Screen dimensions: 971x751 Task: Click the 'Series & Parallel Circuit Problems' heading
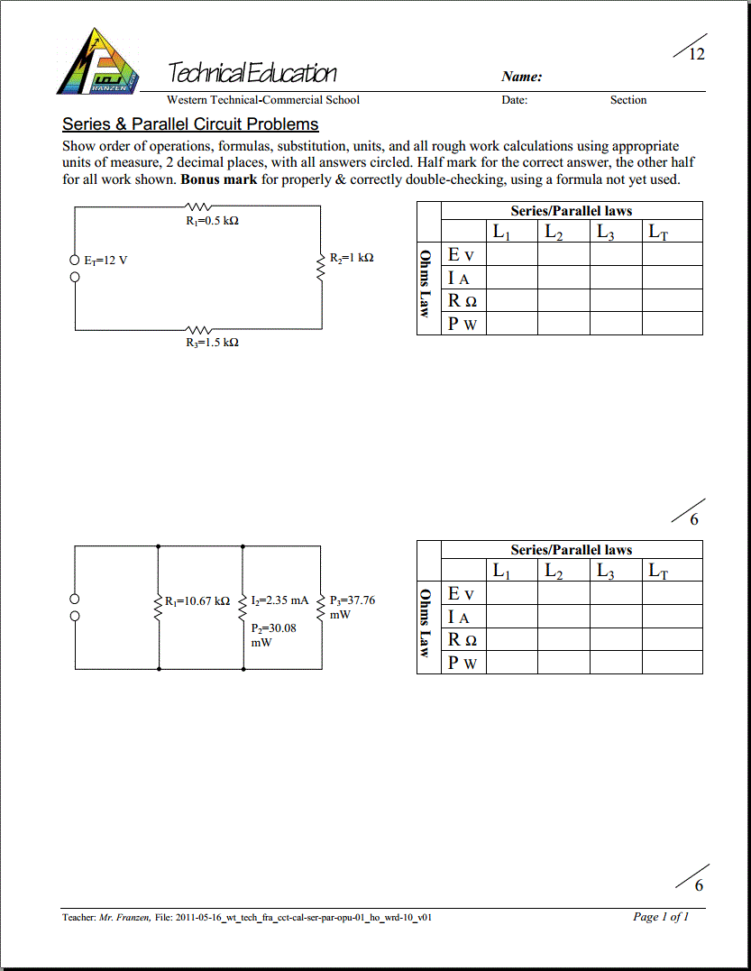click(190, 124)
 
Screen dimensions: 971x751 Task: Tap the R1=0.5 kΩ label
click(213, 221)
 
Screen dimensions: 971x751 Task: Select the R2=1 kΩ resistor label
click(352, 258)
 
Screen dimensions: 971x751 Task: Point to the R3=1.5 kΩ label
click(213, 343)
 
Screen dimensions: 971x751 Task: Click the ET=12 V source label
click(106, 261)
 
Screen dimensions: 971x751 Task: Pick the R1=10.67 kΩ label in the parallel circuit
click(197, 600)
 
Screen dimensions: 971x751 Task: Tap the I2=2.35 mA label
click(280, 600)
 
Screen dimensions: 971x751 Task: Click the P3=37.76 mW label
click(353, 607)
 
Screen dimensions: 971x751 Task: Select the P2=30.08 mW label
click(273, 636)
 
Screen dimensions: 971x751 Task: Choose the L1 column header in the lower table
click(501, 572)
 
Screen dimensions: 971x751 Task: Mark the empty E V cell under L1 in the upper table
click(511, 255)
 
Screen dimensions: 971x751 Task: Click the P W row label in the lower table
click(463, 663)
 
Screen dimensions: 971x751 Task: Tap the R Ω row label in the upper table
click(463, 301)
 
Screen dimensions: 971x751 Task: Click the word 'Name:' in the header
click(522, 78)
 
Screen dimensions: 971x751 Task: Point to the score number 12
click(697, 54)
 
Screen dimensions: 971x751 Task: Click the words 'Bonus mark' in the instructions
click(219, 179)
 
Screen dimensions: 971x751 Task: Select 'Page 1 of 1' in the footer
click(661, 917)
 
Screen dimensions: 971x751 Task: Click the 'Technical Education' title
click(252, 74)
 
